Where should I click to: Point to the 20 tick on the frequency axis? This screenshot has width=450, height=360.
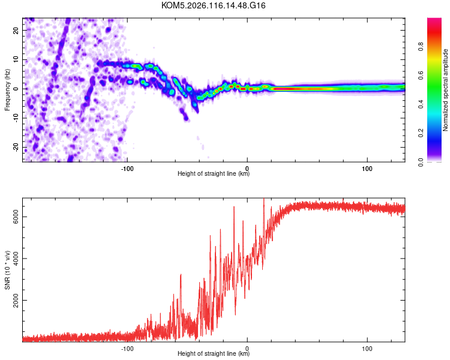16,30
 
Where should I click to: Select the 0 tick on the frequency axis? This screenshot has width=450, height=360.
18,89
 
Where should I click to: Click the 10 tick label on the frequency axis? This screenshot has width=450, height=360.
16,59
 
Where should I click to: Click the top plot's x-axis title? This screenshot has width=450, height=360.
214,174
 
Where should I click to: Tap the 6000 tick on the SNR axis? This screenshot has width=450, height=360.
13,217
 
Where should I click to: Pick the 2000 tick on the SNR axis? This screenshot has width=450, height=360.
13,301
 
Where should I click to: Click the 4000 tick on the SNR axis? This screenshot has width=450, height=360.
13,259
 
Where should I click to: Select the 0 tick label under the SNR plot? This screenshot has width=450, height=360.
247,347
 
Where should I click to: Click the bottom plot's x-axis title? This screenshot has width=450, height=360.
214,355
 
